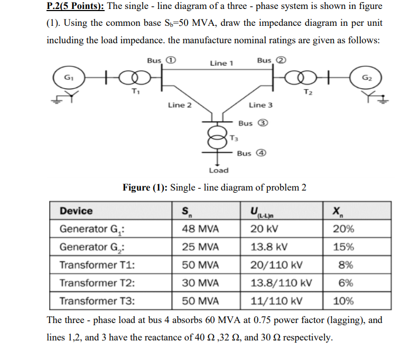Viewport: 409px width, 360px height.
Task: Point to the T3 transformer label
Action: coord(235,138)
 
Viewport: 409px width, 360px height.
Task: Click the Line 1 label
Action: coord(221,63)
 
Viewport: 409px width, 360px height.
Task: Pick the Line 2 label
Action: coord(180,105)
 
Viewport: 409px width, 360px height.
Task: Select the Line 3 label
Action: coord(261,105)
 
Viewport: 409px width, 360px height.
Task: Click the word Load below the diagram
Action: coord(218,170)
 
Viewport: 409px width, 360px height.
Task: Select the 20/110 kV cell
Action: coord(277,265)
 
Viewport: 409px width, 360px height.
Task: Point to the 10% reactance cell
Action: coord(343,301)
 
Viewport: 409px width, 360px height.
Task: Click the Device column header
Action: coord(76,211)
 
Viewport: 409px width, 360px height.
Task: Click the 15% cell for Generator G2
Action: coord(343,247)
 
